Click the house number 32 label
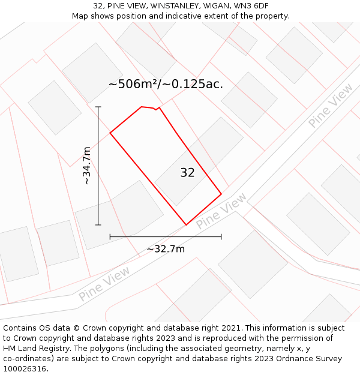click(187, 173)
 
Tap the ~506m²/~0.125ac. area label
click(166, 84)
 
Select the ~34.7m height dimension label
click(86, 166)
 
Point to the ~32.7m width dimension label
click(166, 249)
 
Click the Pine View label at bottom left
click(104, 284)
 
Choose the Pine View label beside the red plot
click(221, 210)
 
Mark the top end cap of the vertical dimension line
click(98, 107)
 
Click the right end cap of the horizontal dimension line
click(221, 237)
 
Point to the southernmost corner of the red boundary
click(186, 225)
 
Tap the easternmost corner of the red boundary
click(221, 194)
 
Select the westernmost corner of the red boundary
click(110, 133)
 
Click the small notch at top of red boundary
click(156, 109)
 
